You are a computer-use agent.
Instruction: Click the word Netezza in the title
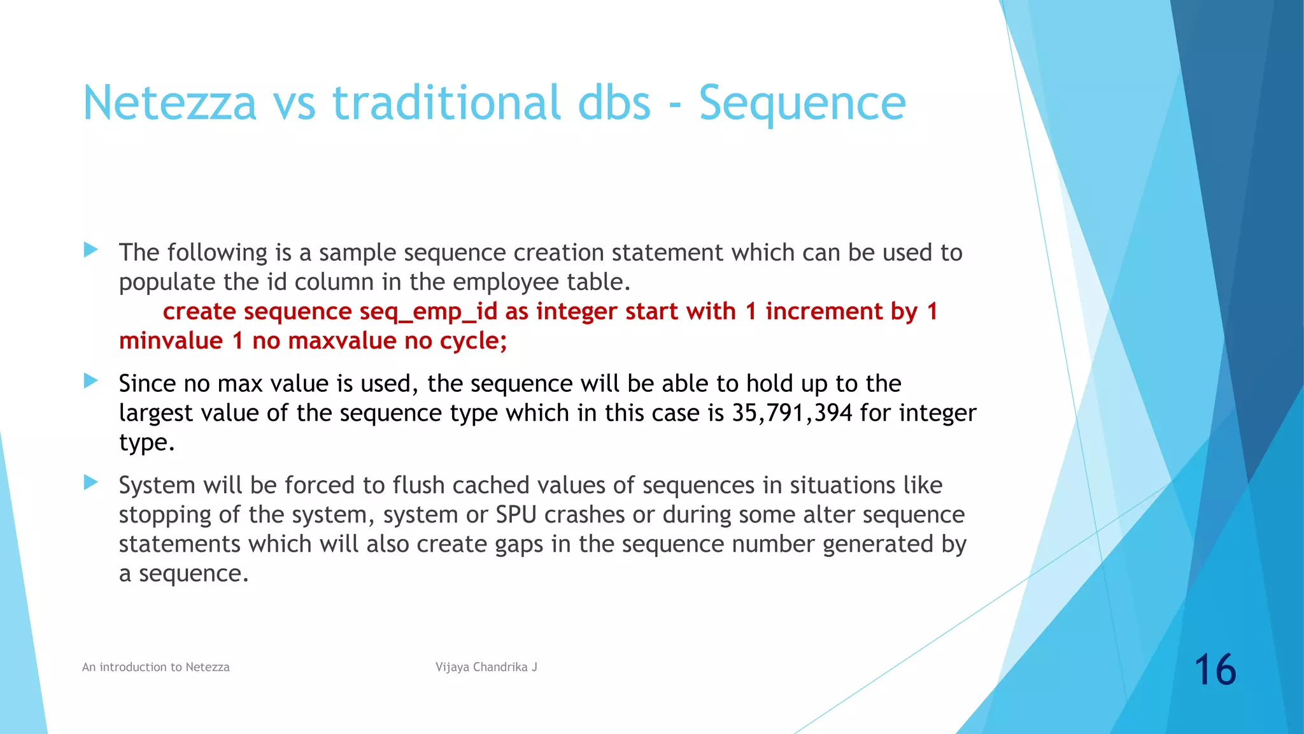point(169,103)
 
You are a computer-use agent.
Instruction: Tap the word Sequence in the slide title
point(802,103)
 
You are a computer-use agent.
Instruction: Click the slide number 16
point(1214,670)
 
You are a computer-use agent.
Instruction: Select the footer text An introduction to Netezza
point(156,667)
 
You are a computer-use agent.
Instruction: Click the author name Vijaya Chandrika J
point(486,667)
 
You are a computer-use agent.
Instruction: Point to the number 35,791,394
point(791,413)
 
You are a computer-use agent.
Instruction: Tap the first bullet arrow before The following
point(91,250)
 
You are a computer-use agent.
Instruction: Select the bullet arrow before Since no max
point(91,381)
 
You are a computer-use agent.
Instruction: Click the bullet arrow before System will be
point(91,482)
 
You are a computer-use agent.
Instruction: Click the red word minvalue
point(171,341)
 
